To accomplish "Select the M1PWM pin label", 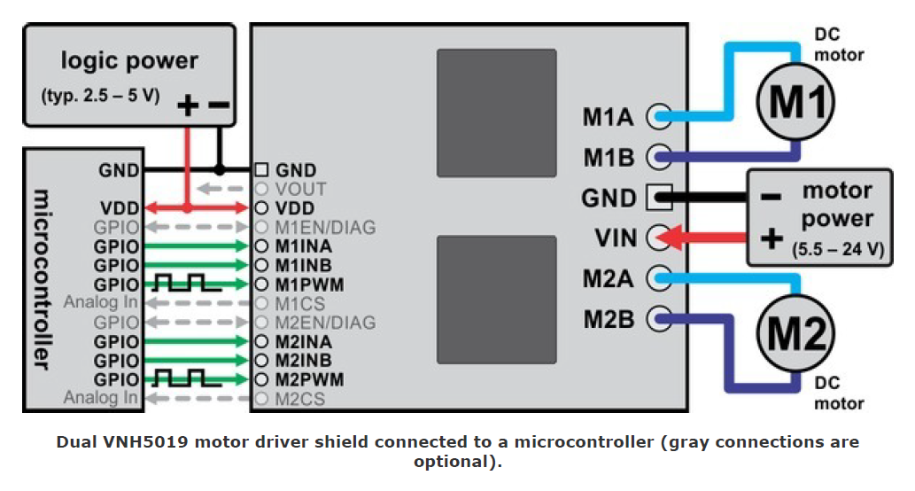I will click(x=309, y=284).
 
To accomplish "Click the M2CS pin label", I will click(x=301, y=399).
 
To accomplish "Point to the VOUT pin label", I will click(x=301, y=189).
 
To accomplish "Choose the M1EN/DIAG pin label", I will click(x=325, y=227).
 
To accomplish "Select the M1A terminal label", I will click(x=609, y=115).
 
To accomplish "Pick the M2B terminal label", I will click(x=609, y=319).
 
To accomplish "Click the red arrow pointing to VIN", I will click(x=704, y=238).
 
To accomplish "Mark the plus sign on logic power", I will click(x=188, y=106).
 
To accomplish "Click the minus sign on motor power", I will click(x=770, y=197).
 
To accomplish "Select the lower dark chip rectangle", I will click(x=496, y=301).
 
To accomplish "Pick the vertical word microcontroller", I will click(x=40, y=279).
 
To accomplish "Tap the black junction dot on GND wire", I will click(x=220, y=169).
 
